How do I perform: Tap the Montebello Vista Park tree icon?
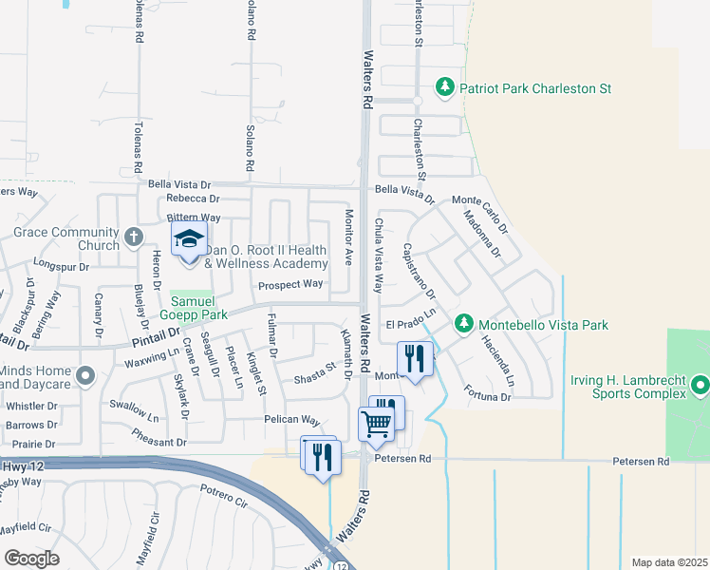pos(464,325)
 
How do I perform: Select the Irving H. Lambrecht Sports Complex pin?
pos(701,385)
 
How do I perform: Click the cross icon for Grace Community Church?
pos(134,235)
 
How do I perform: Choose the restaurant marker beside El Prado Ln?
pos(415,358)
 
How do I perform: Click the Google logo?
pos(32,558)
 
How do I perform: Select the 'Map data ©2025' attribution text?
pos(669,562)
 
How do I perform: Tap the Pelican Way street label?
pos(291,419)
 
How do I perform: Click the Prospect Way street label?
pos(290,284)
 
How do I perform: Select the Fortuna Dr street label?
pos(488,392)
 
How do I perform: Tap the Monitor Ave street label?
pos(348,237)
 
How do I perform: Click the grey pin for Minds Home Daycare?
pos(84,376)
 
